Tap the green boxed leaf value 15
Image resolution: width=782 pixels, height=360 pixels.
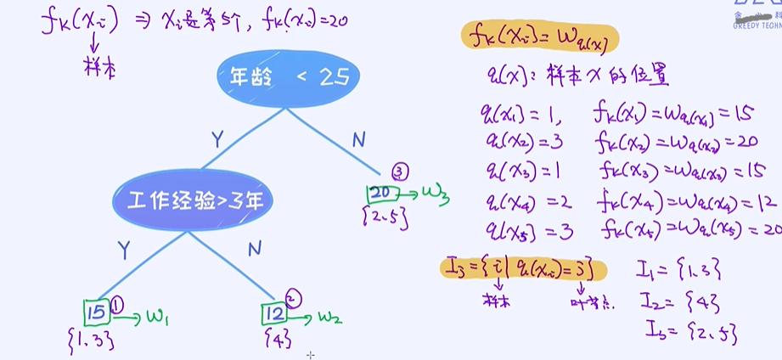pyautogui.click(x=97, y=312)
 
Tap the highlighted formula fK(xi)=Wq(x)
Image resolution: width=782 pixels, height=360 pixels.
pyautogui.click(x=540, y=37)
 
